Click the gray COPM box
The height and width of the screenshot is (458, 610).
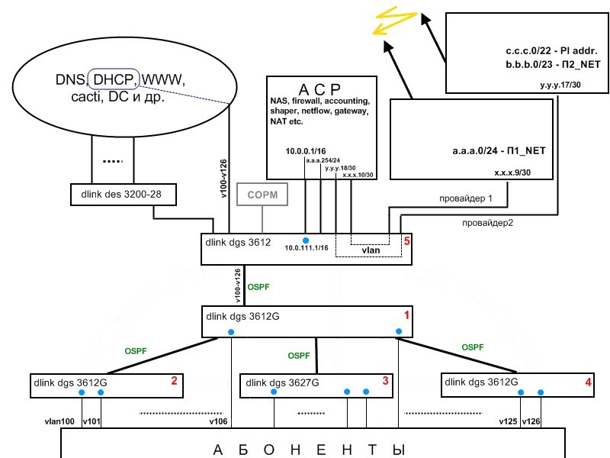coord(262,195)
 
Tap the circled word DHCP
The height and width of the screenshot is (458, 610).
coord(114,79)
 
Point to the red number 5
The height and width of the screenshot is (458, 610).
coord(407,242)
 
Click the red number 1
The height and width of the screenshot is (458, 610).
coord(406,314)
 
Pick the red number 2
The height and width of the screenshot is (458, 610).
coord(174,380)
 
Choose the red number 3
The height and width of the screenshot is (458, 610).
coord(386,380)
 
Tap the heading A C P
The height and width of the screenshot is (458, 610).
coord(318,87)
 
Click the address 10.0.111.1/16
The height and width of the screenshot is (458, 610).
coord(307,248)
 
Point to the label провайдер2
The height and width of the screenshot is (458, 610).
coord(486,223)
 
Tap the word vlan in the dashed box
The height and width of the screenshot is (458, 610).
coord(371,250)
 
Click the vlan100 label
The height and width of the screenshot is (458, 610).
coord(59,421)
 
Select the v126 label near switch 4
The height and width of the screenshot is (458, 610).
coord(533,421)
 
